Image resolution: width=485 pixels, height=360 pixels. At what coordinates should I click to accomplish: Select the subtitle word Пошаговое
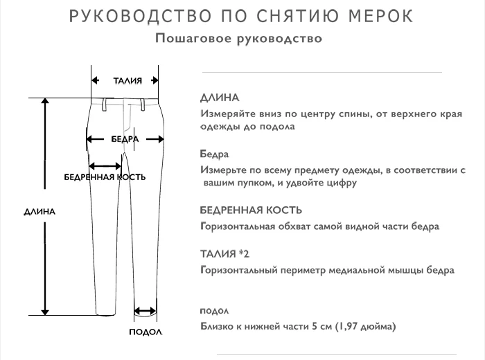pos(186,38)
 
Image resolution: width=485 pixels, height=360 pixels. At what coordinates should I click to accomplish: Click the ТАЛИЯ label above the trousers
pos(127,80)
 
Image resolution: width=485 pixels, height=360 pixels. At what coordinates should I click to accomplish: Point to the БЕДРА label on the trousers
pos(125,138)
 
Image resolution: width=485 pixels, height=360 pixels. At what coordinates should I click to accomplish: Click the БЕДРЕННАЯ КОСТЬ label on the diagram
pos(105,177)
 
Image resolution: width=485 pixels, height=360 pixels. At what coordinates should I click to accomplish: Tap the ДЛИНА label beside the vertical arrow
pos(39,212)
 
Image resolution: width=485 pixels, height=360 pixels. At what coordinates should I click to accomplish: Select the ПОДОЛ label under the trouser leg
pos(145,332)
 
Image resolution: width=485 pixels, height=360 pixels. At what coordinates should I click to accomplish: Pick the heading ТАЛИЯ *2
pos(224,254)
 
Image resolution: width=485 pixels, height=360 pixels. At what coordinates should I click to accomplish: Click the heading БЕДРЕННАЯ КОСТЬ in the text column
pos(250,210)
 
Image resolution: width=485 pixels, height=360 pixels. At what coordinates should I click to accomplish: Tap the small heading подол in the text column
pos(213,310)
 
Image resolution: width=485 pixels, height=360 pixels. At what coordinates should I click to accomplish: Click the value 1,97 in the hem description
pos(351,326)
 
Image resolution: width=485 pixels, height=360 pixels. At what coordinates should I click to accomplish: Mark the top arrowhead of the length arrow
pos(46,102)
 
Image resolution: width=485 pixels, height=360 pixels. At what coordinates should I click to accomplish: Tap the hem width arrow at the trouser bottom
pos(145,312)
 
